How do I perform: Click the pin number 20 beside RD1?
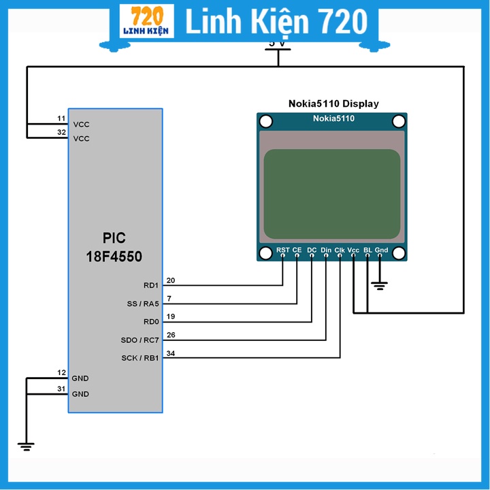(170, 280)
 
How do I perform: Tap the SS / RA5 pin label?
(142, 304)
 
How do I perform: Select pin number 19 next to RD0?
(170, 316)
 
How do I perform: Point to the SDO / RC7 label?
(140, 340)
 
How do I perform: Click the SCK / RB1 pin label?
(140, 358)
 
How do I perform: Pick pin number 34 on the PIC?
(170, 353)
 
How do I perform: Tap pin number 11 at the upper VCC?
(61, 119)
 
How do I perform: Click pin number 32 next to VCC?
(61, 133)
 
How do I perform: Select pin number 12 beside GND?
(61, 372)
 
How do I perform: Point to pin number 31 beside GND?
(61, 389)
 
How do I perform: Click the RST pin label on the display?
(283, 250)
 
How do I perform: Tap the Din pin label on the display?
(326, 250)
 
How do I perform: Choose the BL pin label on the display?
(368, 250)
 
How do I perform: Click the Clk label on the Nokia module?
(340, 250)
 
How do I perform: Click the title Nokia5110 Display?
(333, 104)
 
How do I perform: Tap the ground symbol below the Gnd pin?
(380, 285)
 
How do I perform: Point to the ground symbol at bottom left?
(27, 446)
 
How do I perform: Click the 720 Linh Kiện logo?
(146, 22)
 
